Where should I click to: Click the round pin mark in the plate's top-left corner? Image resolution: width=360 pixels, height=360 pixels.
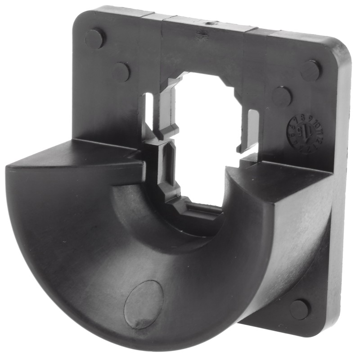tap(95, 38)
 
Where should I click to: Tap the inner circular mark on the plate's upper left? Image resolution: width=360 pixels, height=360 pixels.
tap(121, 72)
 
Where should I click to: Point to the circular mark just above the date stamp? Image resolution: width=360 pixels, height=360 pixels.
tap(282, 96)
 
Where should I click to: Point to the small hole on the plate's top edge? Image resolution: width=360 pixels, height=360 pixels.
tap(210, 22)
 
